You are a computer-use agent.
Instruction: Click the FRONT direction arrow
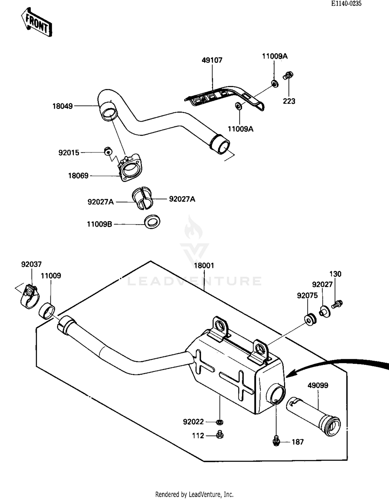[37, 22]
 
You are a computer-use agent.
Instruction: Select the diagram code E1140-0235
[346, 3]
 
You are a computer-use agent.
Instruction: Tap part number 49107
[212, 60]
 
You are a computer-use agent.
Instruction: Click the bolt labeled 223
[288, 76]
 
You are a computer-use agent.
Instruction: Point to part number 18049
[62, 106]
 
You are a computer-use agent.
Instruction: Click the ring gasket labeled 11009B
[152, 222]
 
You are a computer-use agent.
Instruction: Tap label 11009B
[99, 224]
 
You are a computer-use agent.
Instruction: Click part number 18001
[204, 266]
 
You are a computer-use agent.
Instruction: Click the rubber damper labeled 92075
[310, 320]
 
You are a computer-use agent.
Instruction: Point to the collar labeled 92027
[325, 312]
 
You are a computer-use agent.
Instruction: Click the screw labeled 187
[277, 440]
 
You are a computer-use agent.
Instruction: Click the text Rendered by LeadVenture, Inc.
[194, 494]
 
